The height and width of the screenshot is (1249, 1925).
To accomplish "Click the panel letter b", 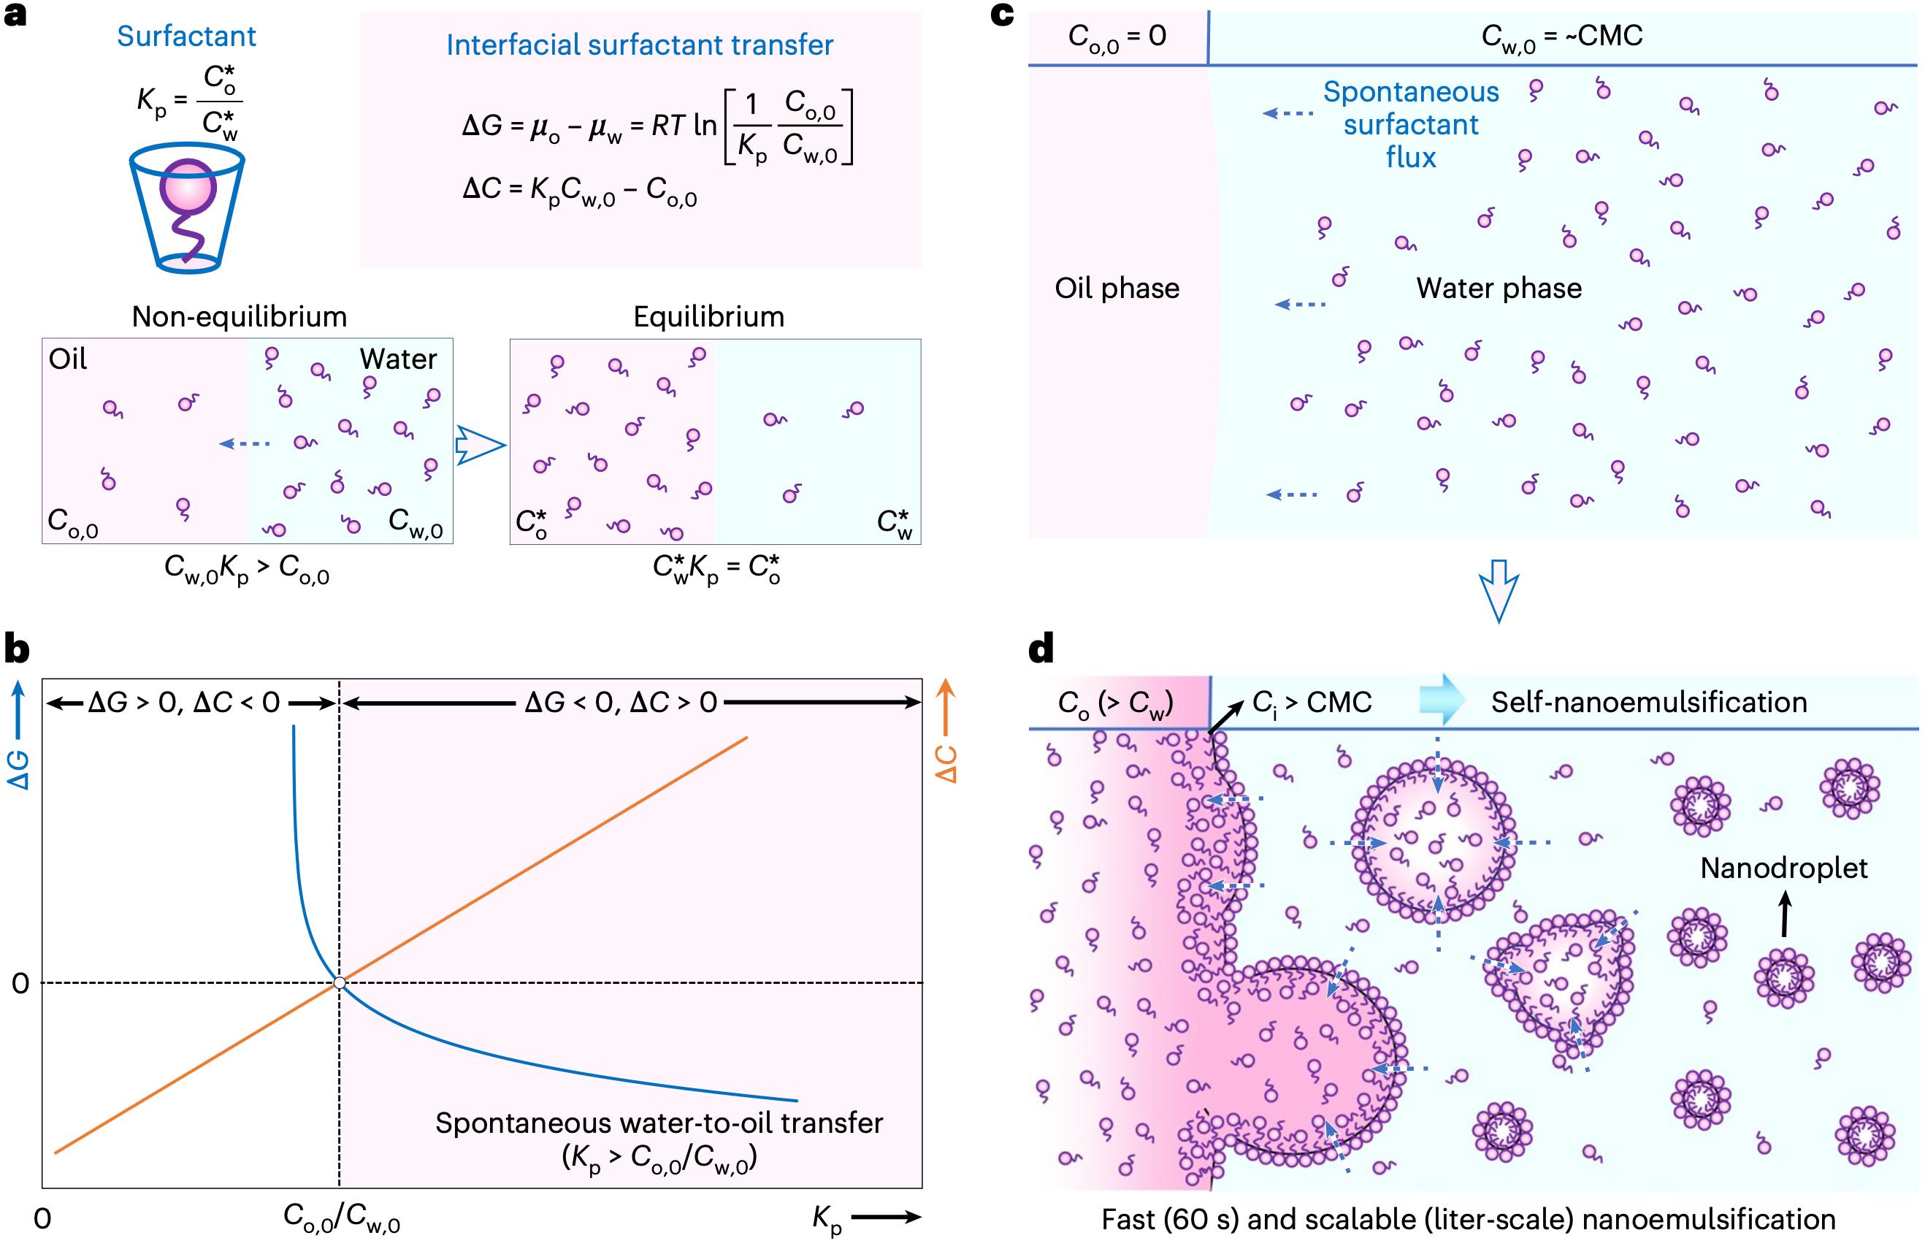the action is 18,649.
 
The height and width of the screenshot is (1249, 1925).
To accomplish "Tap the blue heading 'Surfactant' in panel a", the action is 186,36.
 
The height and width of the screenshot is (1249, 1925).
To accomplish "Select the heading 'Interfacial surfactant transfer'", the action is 640,45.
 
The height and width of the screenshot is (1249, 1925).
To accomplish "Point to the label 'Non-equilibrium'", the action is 240,316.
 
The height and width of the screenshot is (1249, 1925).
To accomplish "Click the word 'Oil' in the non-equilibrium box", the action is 68,359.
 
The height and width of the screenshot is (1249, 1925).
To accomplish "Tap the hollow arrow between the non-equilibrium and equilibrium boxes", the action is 481,445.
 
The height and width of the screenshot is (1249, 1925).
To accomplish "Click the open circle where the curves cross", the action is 340,983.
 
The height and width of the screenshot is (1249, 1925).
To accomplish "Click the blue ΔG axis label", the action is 18,770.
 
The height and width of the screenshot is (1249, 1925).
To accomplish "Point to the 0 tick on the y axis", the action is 20,984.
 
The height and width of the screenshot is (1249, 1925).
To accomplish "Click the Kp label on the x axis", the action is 827,1219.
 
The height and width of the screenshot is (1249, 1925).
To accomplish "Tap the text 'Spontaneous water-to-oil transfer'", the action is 659,1123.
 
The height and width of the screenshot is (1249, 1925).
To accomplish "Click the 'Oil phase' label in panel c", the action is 1117,288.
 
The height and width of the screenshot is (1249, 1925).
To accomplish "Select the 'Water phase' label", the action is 1499,288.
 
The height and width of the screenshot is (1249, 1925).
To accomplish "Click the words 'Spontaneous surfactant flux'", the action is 1411,125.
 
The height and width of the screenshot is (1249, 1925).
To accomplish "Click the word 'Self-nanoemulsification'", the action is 1649,701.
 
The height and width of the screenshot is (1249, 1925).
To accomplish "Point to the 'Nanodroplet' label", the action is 1784,868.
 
